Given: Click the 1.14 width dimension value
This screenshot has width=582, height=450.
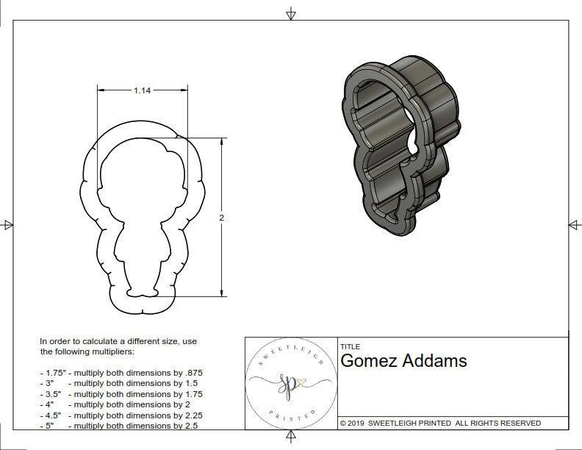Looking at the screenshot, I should (x=142, y=90).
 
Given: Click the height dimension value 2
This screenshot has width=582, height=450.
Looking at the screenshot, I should (x=221, y=218).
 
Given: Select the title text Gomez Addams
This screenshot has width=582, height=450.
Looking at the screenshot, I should (x=403, y=361).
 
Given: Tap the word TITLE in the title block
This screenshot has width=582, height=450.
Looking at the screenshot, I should (x=350, y=346).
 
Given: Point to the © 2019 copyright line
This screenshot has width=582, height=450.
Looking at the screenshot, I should (x=440, y=424).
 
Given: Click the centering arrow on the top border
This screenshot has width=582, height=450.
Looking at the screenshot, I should (x=291, y=13).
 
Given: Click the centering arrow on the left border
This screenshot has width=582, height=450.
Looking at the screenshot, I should (x=7, y=225).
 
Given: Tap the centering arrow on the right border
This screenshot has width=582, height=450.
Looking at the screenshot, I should (x=574, y=225).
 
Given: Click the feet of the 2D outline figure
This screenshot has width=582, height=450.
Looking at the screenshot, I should (x=143, y=293).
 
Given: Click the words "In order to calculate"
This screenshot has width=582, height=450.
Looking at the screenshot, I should (x=81, y=342).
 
